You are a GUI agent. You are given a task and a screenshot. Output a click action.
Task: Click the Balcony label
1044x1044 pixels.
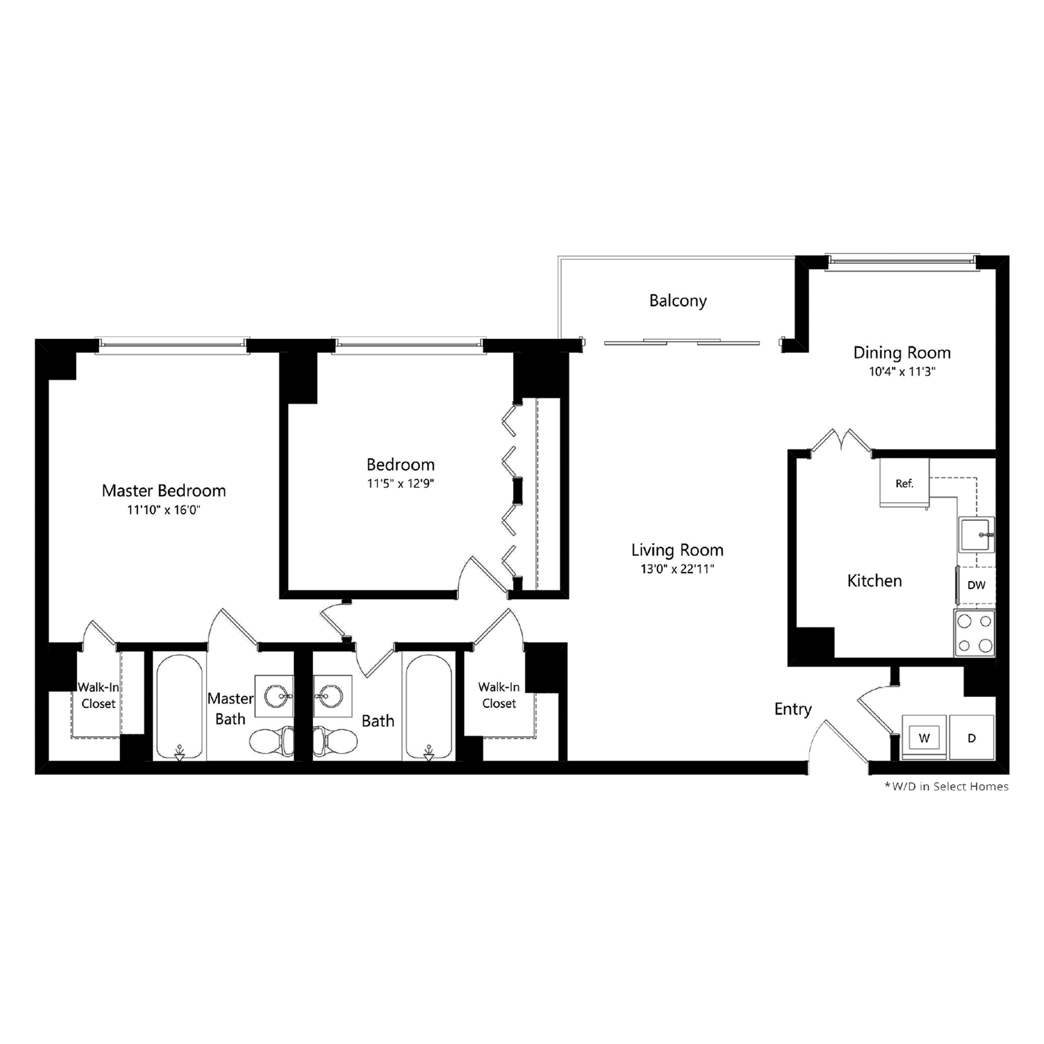coord(678,301)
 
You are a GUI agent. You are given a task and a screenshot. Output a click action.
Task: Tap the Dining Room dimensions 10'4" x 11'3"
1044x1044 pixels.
coord(901,372)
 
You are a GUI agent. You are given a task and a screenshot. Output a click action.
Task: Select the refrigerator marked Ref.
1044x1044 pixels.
coord(904,483)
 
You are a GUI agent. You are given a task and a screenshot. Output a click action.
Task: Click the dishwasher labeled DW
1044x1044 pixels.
coord(977,585)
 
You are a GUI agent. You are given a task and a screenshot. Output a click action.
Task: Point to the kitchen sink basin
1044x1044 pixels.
coord(977,535)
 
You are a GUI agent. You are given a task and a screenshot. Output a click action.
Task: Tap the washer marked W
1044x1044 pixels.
coord(924,738)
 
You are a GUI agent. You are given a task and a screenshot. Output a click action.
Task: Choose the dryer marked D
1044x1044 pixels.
coord(972,738)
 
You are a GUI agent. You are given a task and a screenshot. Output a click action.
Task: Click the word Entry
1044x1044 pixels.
coord(793,709)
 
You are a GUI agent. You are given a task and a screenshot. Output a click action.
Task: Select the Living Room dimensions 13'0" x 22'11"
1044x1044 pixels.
coord(677,569)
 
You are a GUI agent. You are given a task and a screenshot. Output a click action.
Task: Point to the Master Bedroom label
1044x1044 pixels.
coord(164,490)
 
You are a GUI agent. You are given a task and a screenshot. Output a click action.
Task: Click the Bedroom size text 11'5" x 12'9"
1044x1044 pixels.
coord(400,483)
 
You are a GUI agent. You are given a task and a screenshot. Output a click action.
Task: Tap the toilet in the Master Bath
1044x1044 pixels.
coord(270,739)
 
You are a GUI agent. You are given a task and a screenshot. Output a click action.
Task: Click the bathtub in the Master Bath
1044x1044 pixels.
coord(179,707)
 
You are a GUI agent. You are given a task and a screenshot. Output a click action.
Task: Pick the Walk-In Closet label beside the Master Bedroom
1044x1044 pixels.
coord(98,695)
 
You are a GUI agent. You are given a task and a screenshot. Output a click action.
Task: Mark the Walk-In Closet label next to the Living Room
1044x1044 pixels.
coord(499,695)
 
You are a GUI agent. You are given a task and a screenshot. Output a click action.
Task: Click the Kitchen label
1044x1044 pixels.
coord(874,581)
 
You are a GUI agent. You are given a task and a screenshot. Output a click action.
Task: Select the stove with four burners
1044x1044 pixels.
coord(974,633)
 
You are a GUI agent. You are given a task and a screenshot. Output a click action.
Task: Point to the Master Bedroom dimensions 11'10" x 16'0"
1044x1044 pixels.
coord(163,510)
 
